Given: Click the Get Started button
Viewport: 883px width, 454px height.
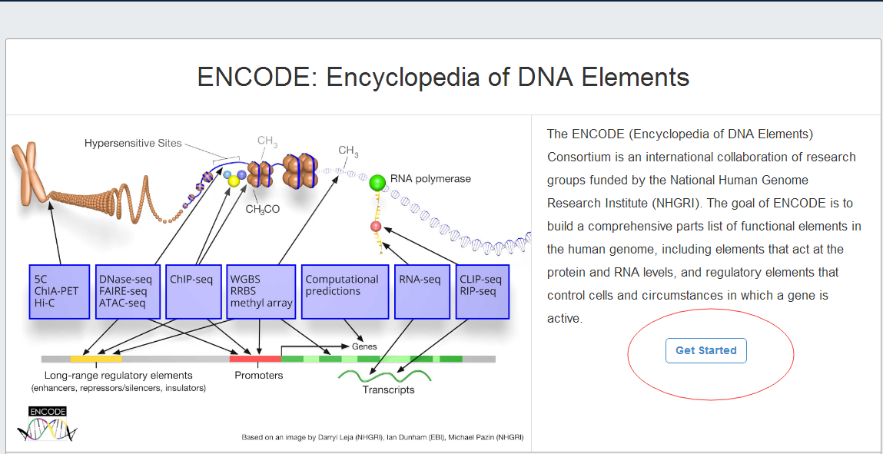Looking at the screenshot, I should (x=705, y=350).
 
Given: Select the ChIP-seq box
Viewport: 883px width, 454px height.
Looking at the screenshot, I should (x=195, y=292).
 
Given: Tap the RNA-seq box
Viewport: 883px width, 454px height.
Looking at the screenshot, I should (x=422, y=292).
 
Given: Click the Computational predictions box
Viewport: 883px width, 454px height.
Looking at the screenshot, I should (x=344, y=292).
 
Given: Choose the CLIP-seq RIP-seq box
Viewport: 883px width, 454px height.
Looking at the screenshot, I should (x=483, y=292).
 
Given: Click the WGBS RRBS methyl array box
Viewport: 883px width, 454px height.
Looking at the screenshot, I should (x=261, y=292).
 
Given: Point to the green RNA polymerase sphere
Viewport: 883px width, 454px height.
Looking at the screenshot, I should (x=377, y=183).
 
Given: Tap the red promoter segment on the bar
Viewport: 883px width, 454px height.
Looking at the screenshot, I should (x=256, y=359).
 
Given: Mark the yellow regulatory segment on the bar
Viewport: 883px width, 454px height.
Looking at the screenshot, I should (x=96, y=359).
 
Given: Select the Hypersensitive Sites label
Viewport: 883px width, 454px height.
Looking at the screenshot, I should (x=133, y=143).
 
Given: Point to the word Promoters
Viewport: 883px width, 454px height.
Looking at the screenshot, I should (x=259, y=376).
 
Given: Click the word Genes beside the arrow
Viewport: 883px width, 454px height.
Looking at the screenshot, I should (x=364, y=346).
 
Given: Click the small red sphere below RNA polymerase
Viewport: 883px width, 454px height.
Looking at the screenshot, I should (x=376, y=227).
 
